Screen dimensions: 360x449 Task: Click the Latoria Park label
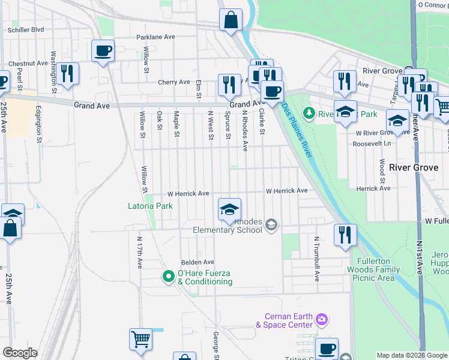(x=150, y=206)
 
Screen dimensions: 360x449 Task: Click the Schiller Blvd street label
(x=25, y=29)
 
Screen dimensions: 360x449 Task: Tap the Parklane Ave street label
(x=155, y=37)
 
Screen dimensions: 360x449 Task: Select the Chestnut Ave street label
(x=28, y=63)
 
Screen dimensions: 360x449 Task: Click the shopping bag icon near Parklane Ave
(x=231, y=20)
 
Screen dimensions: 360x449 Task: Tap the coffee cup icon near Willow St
(x=103, y=50)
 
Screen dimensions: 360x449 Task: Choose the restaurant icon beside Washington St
(x=67, y=74)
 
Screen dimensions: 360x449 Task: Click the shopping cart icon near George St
(x=140, y=339)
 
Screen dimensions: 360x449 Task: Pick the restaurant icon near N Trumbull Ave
(x=345, y=235)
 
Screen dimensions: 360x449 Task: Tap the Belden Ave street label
(x=198, y=262)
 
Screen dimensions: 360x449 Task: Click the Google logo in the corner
(x=20, y=353)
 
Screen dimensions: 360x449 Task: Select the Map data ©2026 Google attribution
(x=412, y=355)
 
